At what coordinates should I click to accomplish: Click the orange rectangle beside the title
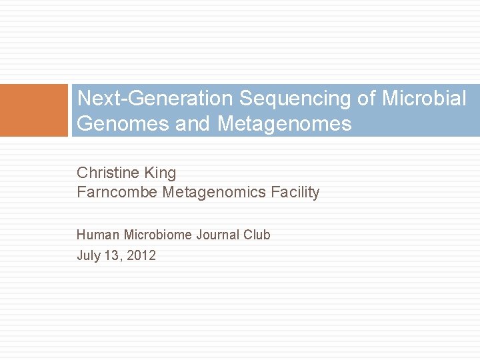[34, 110]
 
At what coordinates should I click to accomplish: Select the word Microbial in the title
[424, 99]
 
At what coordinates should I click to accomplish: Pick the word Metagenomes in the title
[284, 123]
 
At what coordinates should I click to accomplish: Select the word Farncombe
[117, 193]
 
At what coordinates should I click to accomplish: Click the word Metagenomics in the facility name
[215, 193]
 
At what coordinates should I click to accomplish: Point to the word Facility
[295, 193]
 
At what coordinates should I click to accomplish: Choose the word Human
[98, 235]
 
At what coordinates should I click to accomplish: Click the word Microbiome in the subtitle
[157, 235]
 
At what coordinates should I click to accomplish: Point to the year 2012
[141, 255]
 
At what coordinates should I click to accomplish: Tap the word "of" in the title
[367, 99]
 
